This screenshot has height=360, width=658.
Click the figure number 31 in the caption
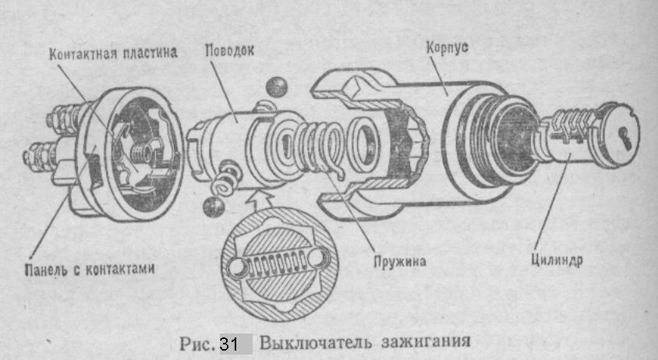pyautogui.click(x=228, y=343)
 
